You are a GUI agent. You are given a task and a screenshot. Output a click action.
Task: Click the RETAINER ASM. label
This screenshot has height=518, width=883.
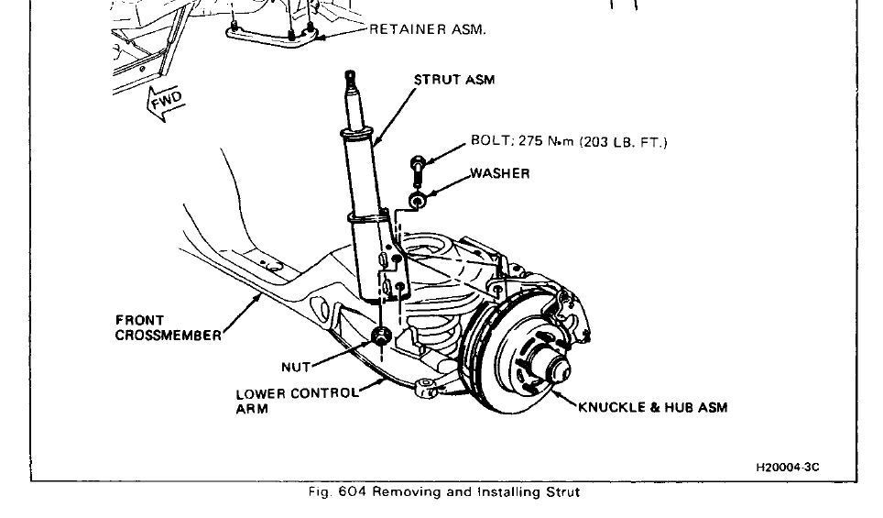coord(427,29)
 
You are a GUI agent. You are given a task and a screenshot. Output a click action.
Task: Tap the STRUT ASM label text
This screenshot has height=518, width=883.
coord(454,80)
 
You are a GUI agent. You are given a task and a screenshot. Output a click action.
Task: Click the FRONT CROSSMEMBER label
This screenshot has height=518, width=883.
coord(168,328)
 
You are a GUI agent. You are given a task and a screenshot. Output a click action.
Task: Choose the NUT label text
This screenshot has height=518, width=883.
coord(296,367)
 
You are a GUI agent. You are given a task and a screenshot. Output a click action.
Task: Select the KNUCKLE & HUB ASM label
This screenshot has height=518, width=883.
coord(653,407)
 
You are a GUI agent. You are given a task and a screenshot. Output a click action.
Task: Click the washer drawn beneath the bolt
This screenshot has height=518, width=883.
coord(417,199)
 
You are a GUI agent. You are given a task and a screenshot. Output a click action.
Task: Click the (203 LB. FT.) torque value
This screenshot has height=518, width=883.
coord(627,141)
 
